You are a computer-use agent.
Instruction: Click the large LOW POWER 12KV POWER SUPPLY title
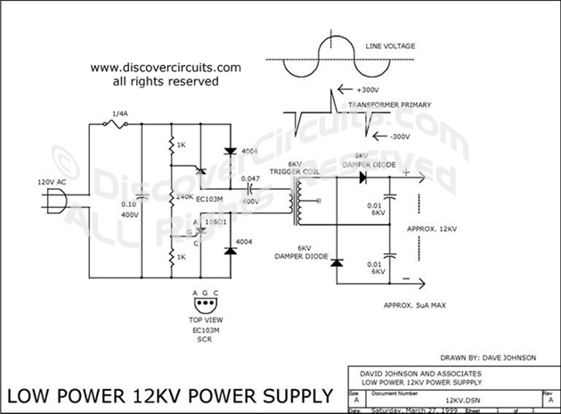170,395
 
